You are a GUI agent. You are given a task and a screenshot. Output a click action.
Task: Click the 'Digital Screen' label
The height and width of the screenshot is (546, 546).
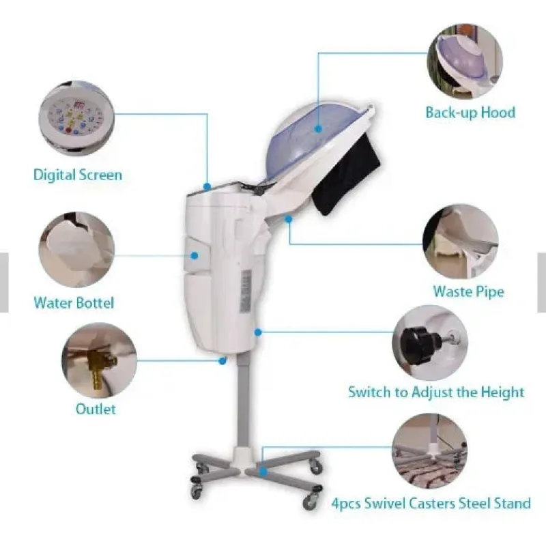[78, 175]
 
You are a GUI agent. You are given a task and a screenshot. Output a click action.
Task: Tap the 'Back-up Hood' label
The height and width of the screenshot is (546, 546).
[470, 113]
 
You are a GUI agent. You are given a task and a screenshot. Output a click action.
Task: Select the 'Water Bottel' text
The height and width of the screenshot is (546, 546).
[74, 302]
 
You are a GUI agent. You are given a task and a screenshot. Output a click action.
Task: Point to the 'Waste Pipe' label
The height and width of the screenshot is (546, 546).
[468, 292]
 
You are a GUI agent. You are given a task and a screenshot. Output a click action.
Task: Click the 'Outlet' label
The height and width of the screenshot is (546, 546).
[96, 409]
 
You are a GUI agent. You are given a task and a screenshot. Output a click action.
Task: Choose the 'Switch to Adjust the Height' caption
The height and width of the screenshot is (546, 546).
[436, 392]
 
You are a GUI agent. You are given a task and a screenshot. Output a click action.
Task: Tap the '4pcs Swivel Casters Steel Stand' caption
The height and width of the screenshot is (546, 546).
[431, 504]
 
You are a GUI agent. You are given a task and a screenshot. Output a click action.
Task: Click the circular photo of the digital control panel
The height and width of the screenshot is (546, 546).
[76, 118]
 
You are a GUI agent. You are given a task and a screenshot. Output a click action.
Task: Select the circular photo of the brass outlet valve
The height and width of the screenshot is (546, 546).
[99, 360]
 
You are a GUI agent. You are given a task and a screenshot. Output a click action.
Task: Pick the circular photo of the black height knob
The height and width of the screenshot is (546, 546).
[430, 343]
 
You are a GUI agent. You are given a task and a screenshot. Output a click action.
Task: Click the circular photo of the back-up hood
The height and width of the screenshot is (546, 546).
[465, 61]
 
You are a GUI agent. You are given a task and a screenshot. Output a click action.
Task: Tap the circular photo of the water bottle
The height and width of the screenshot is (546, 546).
[76, 250]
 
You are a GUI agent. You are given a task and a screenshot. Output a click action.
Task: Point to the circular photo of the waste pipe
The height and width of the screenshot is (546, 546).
[460, 242]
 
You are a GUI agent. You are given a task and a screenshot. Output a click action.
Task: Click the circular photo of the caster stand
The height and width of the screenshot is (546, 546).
[430, 451]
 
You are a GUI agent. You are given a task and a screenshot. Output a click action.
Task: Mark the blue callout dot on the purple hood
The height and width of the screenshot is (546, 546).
[318, 129]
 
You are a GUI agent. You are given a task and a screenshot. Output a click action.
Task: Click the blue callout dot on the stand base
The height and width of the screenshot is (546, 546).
[263, 472]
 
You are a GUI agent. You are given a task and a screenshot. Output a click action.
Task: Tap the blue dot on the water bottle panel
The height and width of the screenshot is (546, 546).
[195, 256]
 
